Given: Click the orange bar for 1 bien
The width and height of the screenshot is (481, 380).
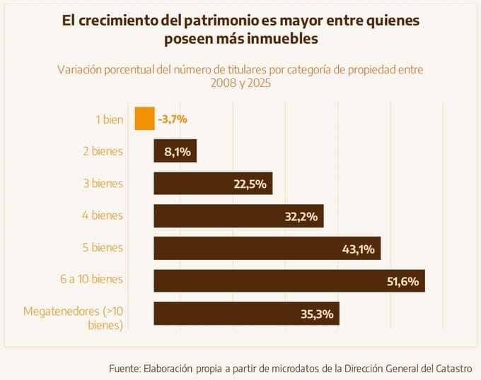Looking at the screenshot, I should point(144,119).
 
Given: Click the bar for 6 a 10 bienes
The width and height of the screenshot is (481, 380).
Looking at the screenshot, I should point(269,280).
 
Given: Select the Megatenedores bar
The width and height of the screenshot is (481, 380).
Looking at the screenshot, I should point(226,313).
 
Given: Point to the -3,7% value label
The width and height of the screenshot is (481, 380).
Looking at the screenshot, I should point(173,119).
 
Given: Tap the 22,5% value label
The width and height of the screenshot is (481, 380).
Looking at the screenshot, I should point(250,184).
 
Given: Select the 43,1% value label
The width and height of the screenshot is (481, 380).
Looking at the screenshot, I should point(359,249).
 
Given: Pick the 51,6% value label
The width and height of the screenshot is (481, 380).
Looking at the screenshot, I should point(403,280).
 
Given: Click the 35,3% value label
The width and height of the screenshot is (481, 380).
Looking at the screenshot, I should point(316,313).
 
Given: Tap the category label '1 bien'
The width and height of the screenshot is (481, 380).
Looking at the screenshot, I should point(109,119).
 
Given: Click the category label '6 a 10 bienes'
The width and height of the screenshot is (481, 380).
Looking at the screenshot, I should point(91,279).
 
